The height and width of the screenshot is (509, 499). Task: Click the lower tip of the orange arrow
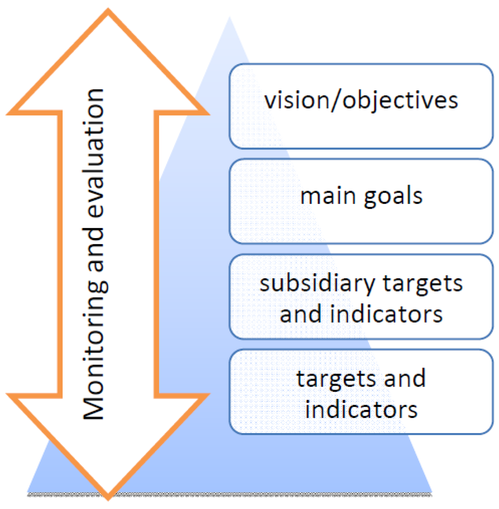108,498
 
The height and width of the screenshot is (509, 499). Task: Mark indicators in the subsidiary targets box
386,314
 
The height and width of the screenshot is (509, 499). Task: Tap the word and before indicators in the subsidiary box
301,314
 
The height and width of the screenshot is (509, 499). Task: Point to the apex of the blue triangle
230,18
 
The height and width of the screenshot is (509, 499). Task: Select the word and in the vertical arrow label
94,249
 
